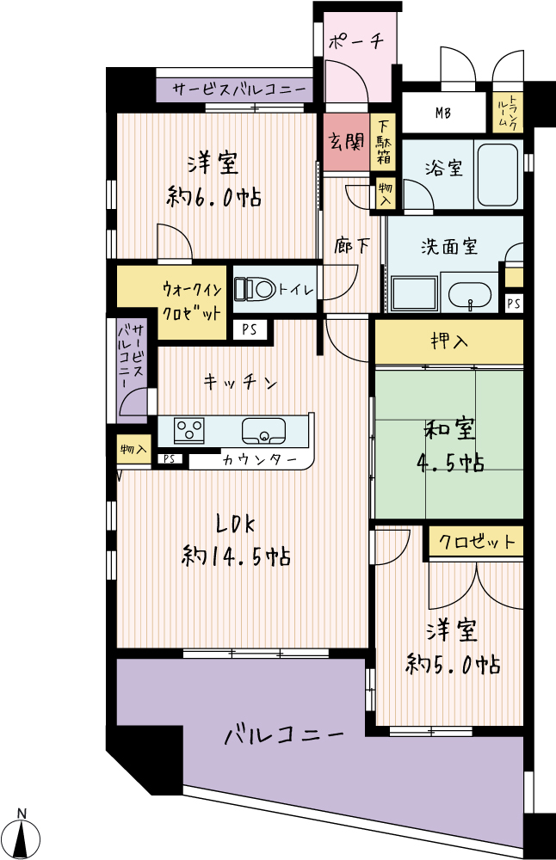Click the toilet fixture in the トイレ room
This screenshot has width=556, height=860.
255,289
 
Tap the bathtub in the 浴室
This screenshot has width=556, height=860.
497,174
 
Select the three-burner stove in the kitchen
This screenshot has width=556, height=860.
189,430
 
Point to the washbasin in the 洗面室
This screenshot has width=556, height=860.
469,297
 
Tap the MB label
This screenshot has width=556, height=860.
443,114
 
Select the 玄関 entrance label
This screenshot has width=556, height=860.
346,142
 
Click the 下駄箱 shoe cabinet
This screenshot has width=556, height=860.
384,142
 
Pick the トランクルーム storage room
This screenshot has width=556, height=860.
506,113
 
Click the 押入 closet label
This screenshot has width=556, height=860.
449,341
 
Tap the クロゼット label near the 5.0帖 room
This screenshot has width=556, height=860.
477,543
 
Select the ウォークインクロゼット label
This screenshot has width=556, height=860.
192,300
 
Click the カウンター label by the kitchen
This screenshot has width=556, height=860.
260,459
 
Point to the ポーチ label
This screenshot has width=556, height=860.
355,41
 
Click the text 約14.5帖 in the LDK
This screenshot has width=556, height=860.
236,556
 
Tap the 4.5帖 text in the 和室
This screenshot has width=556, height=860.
450,464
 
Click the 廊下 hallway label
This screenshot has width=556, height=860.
352,246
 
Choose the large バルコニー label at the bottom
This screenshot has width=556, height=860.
284,734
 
